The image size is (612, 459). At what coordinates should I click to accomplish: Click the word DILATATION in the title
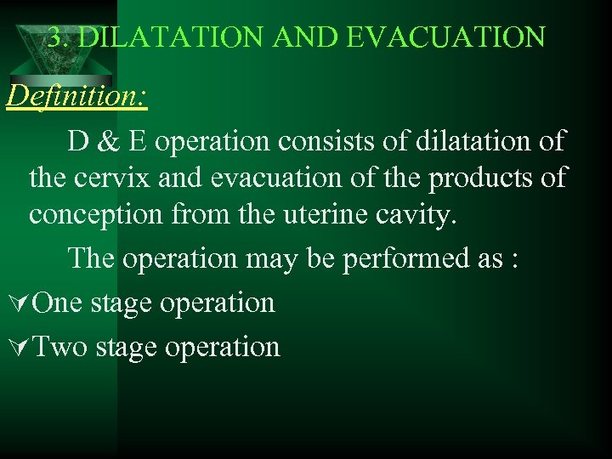(x=161, y=37)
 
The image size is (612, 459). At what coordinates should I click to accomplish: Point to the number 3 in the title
(x=54, y=37)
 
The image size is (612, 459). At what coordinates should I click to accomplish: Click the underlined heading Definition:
(x=77, y=96)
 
